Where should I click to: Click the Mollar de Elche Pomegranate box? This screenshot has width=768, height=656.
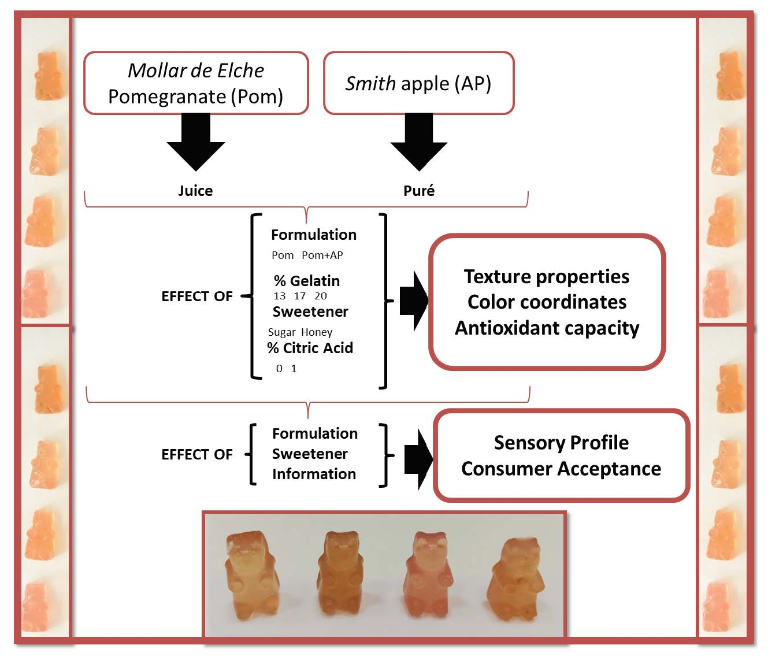[196, 83]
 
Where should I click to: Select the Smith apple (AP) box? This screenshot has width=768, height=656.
[418, 83]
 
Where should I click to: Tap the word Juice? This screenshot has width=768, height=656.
[195, 191]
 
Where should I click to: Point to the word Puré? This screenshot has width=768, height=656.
[419, 191]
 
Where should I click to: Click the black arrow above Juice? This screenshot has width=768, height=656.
[196, 142]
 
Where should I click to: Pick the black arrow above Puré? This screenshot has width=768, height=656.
[419, 142]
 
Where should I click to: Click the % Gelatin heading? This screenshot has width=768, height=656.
[307, 281]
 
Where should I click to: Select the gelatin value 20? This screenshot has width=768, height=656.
[321, 296]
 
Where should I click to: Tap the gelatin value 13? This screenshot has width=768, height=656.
[280, 296]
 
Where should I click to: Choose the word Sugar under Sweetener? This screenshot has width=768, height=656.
[282, 332]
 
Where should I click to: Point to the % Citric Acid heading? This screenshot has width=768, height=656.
[310, 348]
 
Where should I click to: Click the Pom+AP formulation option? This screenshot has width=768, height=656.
[322, 255]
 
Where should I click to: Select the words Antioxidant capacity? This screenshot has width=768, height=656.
[547, 328]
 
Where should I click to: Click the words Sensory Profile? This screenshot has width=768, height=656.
[561, 443]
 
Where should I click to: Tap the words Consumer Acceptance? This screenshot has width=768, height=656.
[561, 468]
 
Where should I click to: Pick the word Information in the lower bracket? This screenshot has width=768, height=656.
[314, 474]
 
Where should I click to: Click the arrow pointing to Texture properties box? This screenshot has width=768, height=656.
[414, 301]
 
